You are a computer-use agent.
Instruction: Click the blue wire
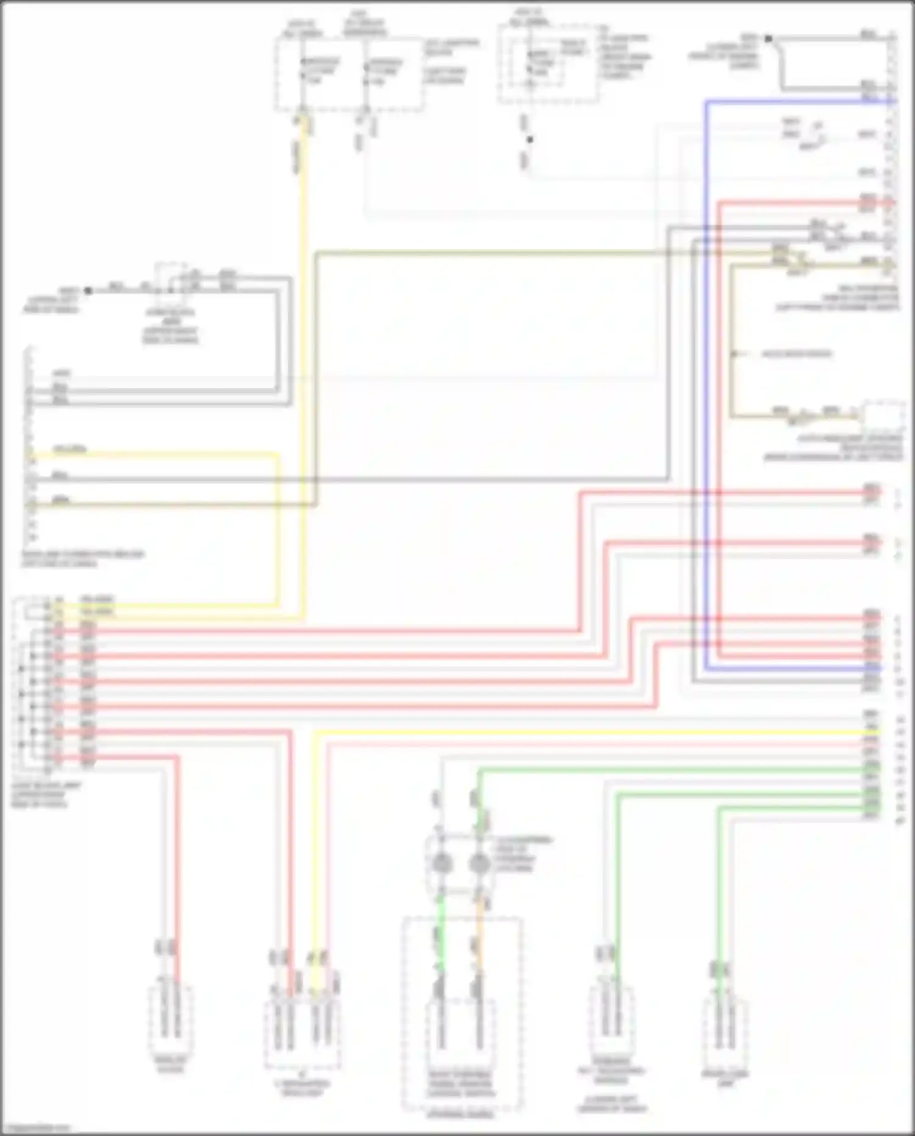[706, 366]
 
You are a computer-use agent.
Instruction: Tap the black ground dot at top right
[769, 38]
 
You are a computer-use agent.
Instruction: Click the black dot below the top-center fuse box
[529, 140]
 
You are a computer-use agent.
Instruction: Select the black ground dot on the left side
[88, 291]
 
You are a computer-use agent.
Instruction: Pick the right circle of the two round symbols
[479, 863]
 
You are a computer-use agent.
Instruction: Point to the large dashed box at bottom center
[461, 1013]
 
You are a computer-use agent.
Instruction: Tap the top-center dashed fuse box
[547, 64]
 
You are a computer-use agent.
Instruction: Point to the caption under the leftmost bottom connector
[171, 1065]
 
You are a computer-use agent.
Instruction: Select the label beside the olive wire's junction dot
[796, 354]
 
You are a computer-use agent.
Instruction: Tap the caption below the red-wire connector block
[46, 795]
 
